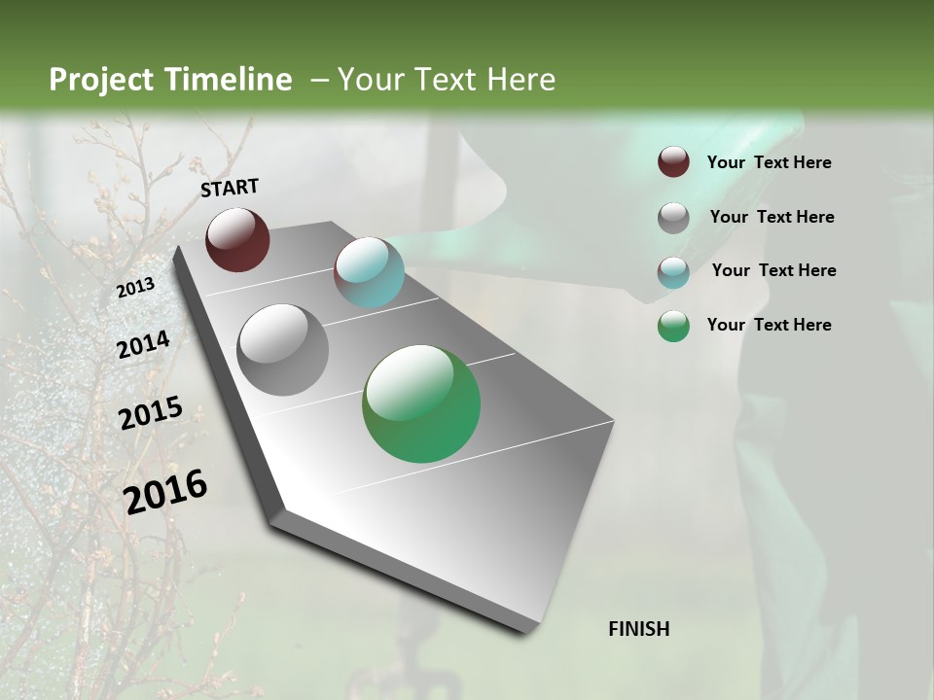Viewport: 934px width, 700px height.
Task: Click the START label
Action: pos(230,188)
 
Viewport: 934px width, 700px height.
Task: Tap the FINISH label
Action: pos(639,629)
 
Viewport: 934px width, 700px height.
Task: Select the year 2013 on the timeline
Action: pos(136,288)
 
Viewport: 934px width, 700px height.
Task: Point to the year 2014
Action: pos(143,344)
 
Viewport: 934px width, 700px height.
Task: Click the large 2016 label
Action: pos(165,491)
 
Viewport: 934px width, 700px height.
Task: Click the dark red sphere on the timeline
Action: pos(237,239)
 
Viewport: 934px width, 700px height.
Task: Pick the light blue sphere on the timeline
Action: pos(369,272)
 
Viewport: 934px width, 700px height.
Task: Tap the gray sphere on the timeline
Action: pos(283,349)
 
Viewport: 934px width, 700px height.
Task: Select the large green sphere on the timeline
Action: pos(421,403)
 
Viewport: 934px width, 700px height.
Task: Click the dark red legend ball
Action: pos(673,162)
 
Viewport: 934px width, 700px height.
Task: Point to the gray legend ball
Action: pos(673,218)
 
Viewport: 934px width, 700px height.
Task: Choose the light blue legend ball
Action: pos(673,271)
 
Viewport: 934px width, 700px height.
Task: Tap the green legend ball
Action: pos(673,326)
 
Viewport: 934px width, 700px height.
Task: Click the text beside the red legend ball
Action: pos(769,162)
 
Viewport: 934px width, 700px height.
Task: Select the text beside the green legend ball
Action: pos(769,325)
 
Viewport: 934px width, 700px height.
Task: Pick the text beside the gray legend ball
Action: pos(772,217)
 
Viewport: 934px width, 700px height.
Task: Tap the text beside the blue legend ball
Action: pos(773,270)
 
